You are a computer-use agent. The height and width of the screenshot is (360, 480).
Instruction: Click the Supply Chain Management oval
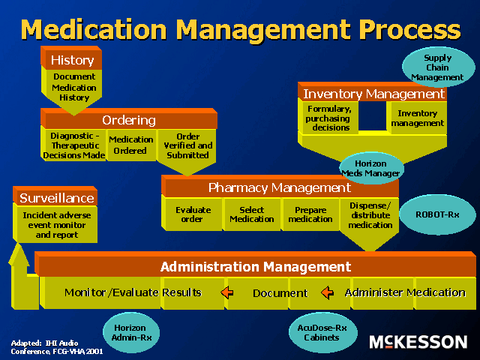[437, 67]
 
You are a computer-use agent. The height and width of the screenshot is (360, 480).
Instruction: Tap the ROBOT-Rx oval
[437, 214]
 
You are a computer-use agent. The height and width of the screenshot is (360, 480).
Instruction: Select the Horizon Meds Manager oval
[371, 169]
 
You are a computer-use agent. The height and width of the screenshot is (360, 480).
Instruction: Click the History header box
[72, 60]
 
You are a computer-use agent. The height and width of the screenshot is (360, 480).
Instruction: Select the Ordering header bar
[129, 120]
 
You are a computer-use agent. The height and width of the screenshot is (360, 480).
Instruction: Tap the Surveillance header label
[56, 198]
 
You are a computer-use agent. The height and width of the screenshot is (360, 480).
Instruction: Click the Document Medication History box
[73, 87]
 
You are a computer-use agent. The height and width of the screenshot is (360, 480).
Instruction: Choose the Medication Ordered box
[131, 144]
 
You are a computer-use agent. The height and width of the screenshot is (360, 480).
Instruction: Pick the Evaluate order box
[193, 214]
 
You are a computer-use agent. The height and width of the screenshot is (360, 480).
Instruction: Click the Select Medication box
[251, 214]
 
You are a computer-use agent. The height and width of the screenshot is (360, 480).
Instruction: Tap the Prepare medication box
[310, 214]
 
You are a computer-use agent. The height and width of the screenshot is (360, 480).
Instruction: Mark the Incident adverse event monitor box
[56, 224]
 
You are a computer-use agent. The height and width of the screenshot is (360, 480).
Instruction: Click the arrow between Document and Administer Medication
[327, 292]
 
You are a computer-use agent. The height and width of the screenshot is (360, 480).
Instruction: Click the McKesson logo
[418, 342]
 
